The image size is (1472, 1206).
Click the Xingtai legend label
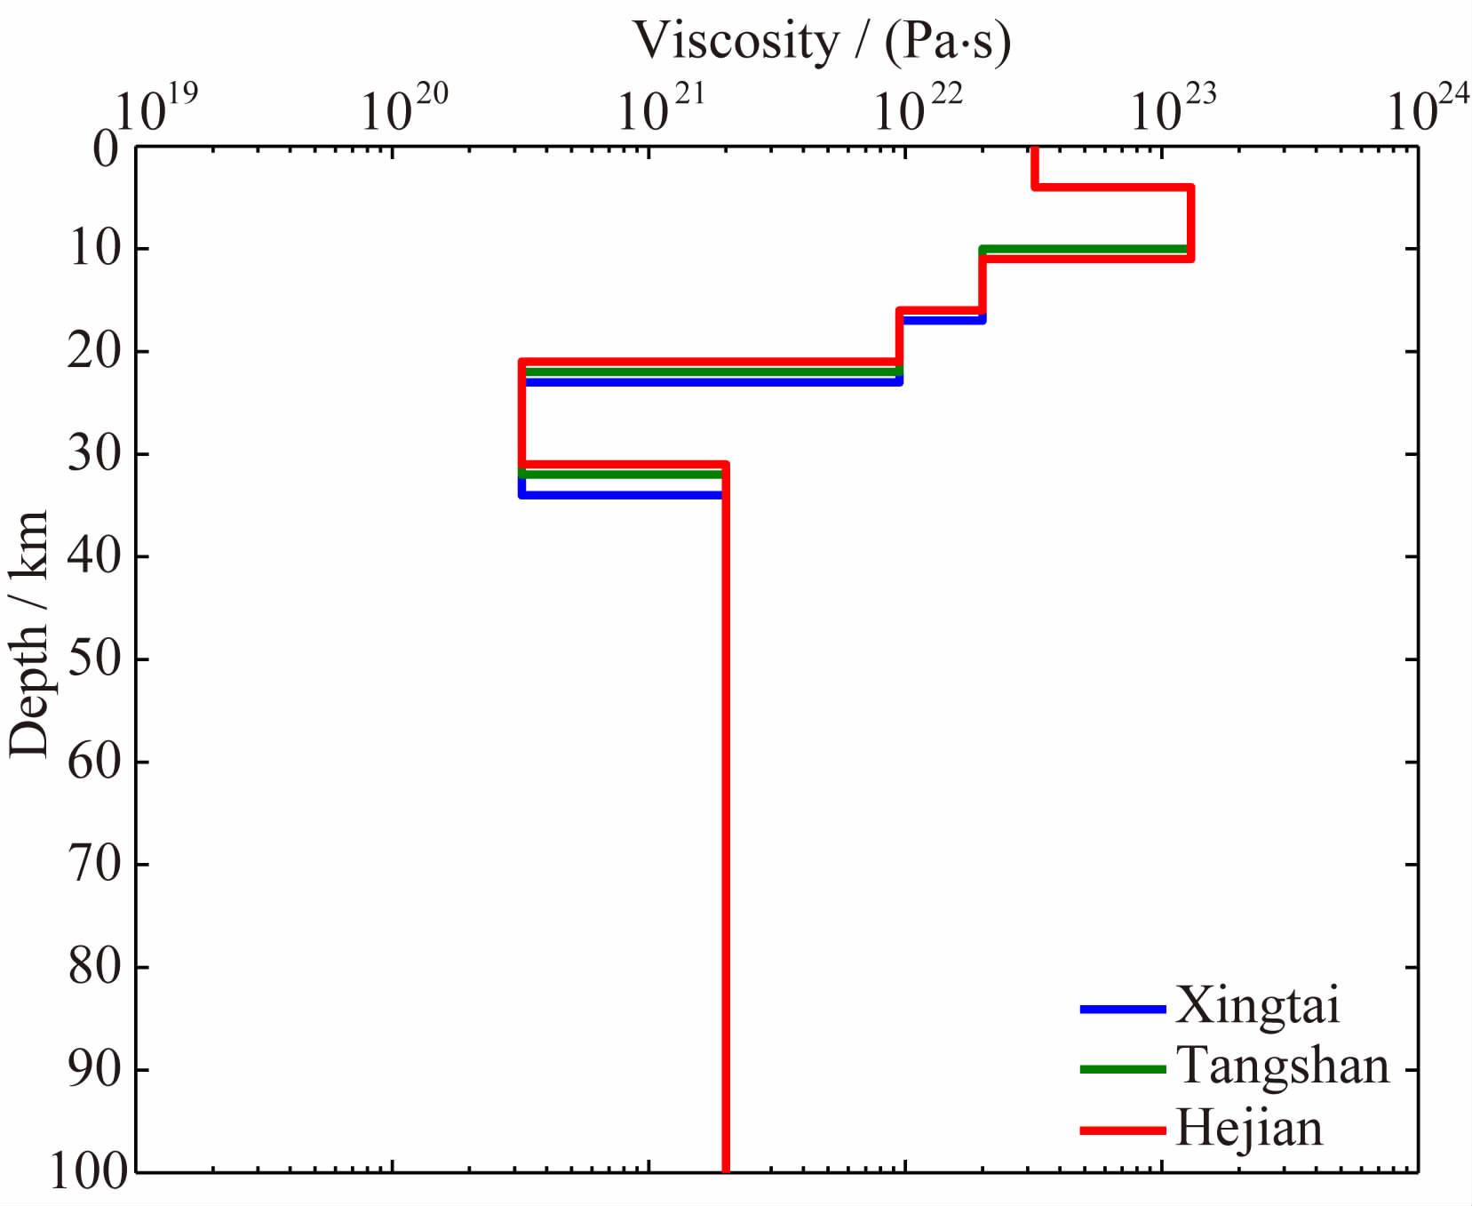(x=1257, y=1006)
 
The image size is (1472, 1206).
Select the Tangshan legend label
(x=1283, y=1066)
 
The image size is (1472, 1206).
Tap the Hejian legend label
(x=1249, y=1129)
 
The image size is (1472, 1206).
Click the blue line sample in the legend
(x=1122, y=1010)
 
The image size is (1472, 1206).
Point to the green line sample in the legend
(x=1122, y=1069)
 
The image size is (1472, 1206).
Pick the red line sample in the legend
(x=1122, y=1130)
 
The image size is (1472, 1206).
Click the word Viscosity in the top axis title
(x=736, y=41)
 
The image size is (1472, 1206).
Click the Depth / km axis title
(x=28, y=635)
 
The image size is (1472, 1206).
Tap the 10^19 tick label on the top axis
(x=156, y=108)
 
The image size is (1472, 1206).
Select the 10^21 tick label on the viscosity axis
(x=661, y=108)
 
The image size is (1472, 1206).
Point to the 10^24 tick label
(x=1428, y=108)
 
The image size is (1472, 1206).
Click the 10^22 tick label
(x=918, y=108)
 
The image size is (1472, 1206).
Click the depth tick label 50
(x=94, y=659)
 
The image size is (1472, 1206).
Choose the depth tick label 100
(x=88, y=1170)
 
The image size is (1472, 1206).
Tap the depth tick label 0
(x=106, y=148)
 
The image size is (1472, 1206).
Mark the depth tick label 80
(x=94, y=967)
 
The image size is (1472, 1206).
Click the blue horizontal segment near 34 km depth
(x=622, y=494)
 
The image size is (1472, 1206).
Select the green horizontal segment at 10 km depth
(x=1084, y=250)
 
